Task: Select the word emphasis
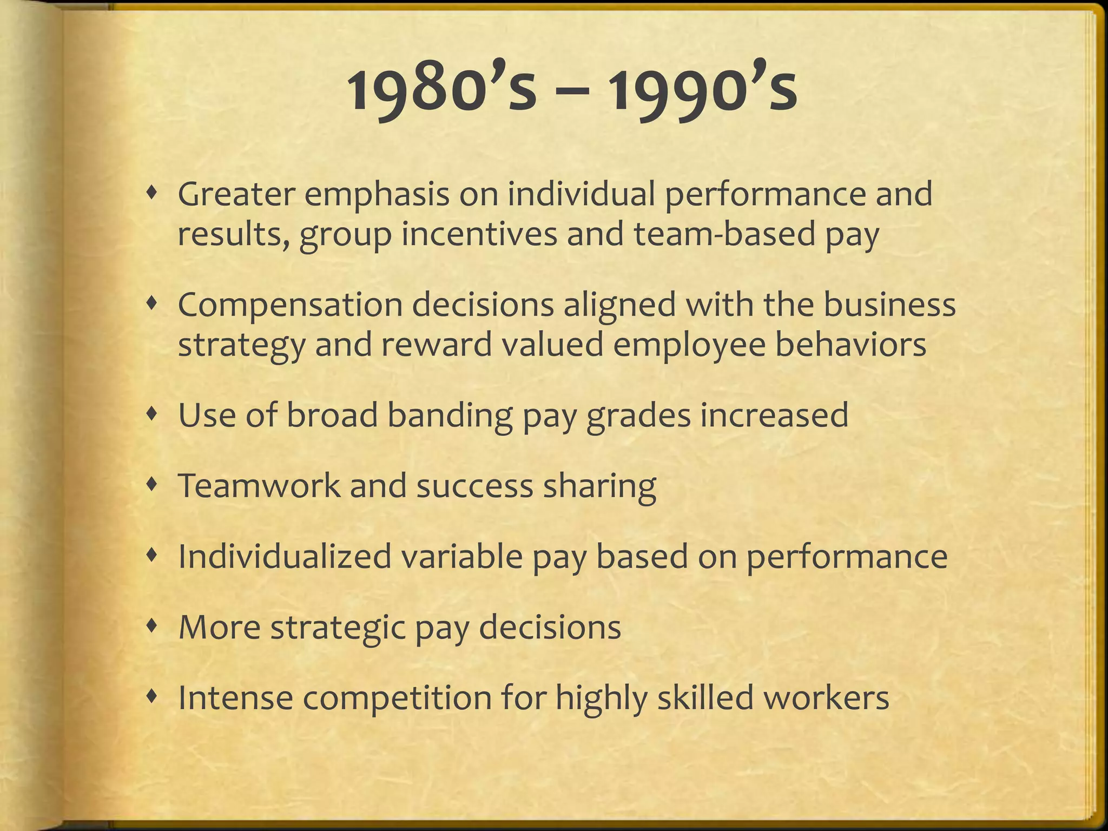pyautogui.click(x=376, y=195)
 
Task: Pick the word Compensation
pyautogui.click(x=290, y=305)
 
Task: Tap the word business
pyautogui.click(x=889, y=304)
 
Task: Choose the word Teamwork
pyautogui.click(x=259, y=485)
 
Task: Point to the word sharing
pyautogui.click(x=599, y=486)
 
